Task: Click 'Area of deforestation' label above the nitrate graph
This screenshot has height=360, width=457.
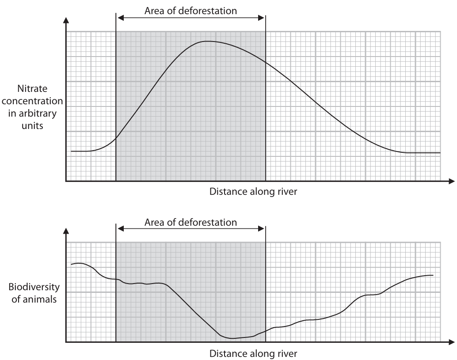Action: [191, 10]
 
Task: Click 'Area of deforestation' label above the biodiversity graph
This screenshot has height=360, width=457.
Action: [191, 221]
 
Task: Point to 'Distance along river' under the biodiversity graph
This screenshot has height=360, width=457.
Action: [253, 353]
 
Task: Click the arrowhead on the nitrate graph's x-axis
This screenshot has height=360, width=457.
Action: [451, 181]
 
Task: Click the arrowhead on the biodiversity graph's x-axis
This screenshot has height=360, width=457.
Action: [451, 342]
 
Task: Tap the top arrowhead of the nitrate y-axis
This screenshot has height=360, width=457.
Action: [66, 20]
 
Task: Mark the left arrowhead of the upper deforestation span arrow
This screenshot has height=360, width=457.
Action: [118, 18]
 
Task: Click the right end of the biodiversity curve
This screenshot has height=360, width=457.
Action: [433, 275]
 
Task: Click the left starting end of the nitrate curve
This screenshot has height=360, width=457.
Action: [71, 151]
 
